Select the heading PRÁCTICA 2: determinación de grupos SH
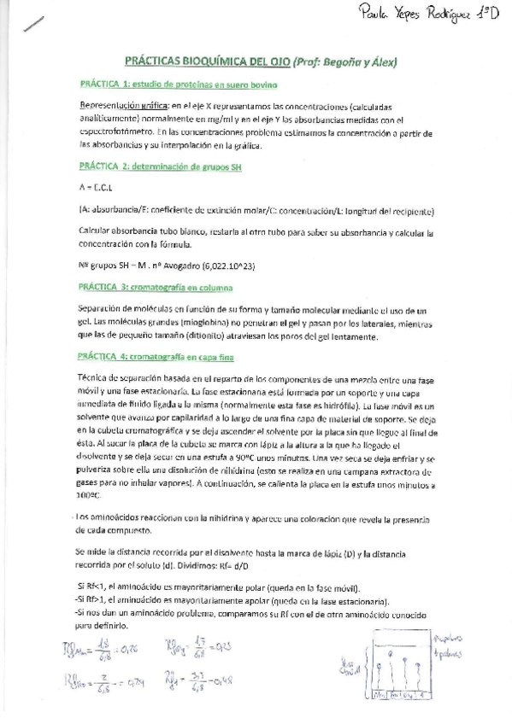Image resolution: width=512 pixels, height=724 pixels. click(x=160, y=167)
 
